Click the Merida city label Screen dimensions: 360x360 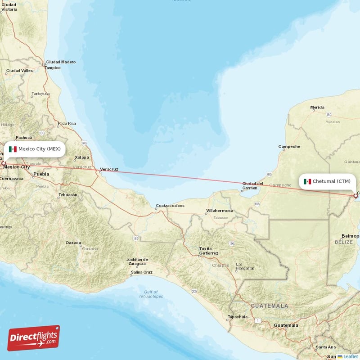pos(317,108)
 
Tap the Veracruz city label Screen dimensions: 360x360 pos(109,169)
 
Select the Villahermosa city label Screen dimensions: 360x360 pos(219,211)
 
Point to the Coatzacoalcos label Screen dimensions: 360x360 pos(170,206)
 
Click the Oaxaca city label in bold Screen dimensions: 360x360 pos(73,243)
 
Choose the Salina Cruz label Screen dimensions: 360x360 pos(141,272)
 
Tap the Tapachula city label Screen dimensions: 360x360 pos(237,317)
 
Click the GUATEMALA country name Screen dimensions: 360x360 pos(270,306)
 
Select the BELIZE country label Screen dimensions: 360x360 pos(343,242)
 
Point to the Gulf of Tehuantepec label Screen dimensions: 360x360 pos(151,294)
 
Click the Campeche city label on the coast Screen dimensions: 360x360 pos(289,147)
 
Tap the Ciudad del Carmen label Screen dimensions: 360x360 pos(252,185)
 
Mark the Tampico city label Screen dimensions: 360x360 pos(52,67)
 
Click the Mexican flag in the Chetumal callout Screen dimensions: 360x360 pos(307,181)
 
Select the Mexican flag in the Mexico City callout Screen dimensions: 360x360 pos(13,149)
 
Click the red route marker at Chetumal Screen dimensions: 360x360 pos(355,196)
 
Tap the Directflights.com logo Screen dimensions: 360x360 pos(34,338)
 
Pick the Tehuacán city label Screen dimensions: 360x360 pos(67,195)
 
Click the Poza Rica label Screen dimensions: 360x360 pos(66,123)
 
